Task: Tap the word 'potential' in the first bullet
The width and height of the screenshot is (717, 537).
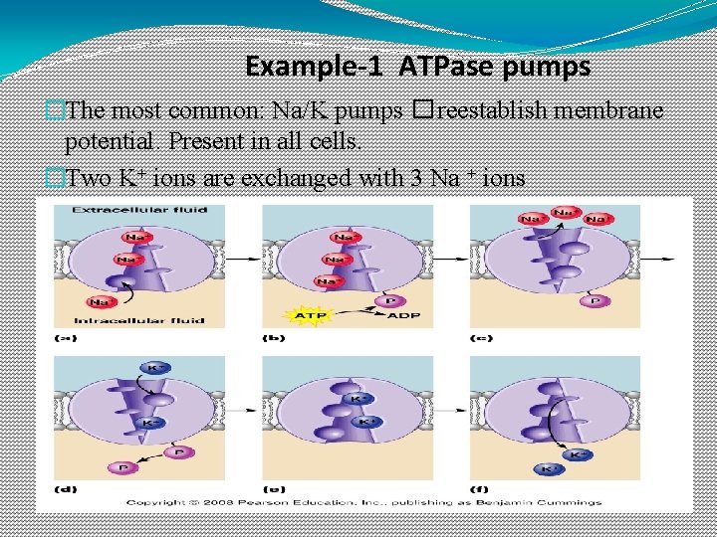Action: click(108, 139)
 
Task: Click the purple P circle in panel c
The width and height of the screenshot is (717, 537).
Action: click(596, 299)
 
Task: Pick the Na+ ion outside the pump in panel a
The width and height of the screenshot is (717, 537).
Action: click(101, 301)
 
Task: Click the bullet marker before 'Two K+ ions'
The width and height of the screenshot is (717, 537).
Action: click(55, 179)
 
